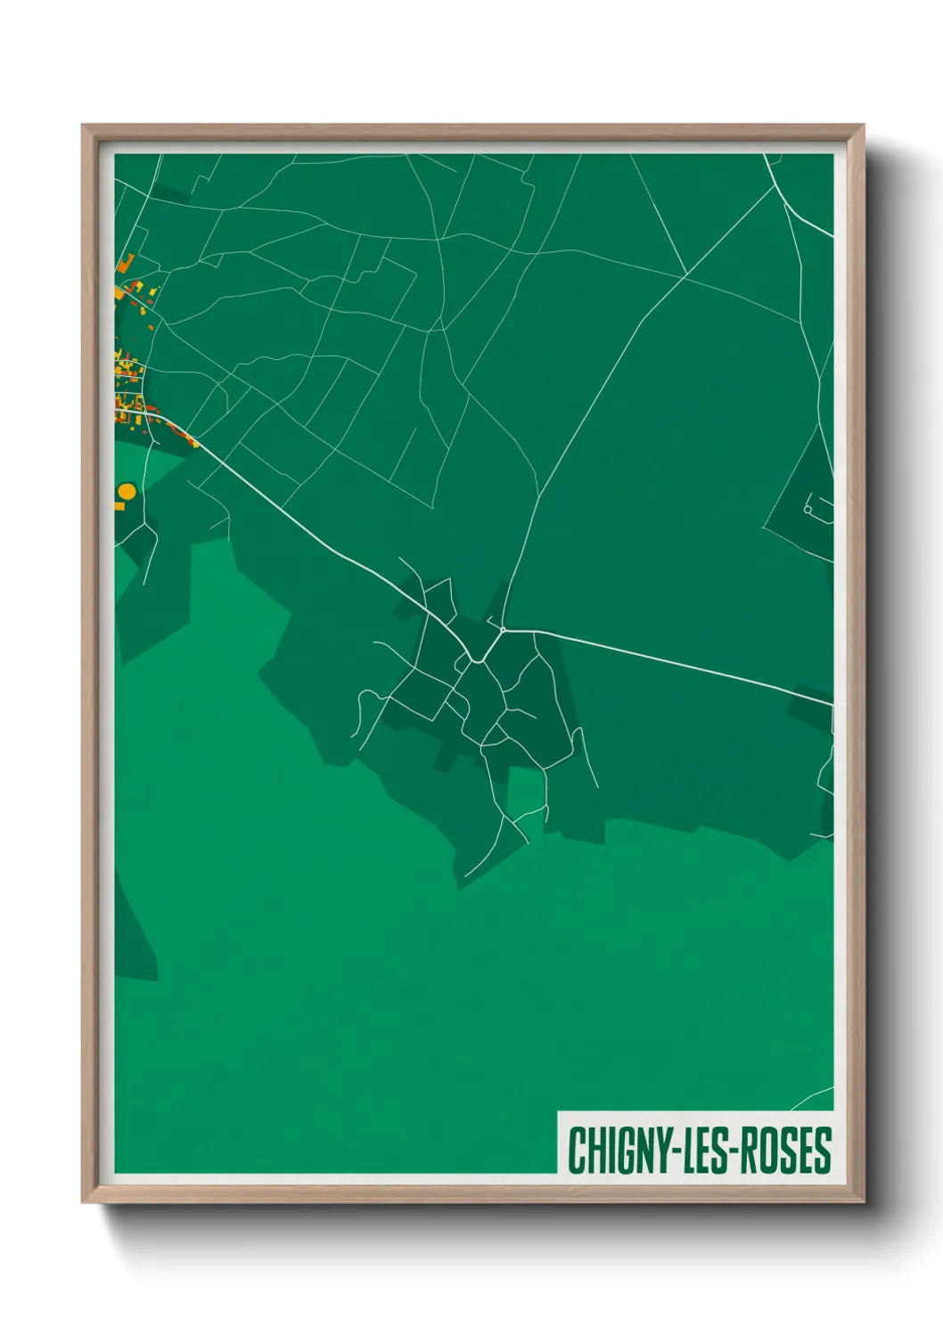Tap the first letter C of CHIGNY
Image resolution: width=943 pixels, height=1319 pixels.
(576, 1151)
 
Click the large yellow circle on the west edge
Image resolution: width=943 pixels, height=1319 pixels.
(127, 492)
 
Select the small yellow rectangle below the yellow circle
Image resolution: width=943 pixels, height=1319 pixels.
(119, 506)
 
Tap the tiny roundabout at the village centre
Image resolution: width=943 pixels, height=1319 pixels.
(503, 630)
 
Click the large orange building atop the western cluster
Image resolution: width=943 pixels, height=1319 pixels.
(125, 263)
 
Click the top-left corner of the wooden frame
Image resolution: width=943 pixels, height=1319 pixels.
(83, 126)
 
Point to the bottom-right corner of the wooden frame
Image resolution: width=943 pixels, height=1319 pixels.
(863, 1201)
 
